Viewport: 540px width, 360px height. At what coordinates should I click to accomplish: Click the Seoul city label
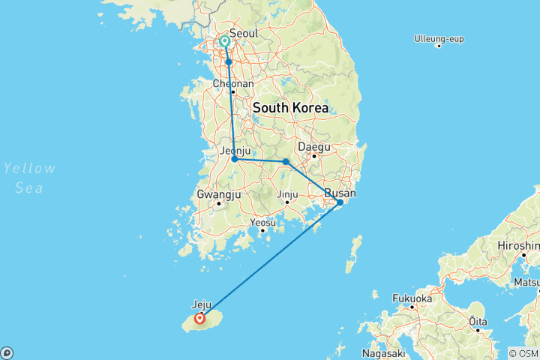coord(244,34)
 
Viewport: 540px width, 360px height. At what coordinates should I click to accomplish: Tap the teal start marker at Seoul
coord(225,42)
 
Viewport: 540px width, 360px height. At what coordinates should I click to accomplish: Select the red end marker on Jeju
coord(200,318)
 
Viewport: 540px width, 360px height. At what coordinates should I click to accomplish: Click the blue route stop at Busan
coord(340,202)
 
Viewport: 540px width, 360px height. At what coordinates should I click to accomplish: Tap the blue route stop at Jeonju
coord(235,159)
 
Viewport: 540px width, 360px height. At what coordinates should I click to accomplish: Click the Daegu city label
coord(314,147)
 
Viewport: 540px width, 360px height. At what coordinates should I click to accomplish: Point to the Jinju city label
coord(287,194)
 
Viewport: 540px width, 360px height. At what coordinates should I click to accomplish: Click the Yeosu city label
coord(263,223)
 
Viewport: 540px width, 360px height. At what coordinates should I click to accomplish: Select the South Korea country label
coord(290,108)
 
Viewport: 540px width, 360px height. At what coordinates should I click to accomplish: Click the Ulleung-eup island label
coord(438,37)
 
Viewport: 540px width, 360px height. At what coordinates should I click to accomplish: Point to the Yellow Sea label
coord(28,178)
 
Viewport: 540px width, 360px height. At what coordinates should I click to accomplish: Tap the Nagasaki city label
coord(383,352)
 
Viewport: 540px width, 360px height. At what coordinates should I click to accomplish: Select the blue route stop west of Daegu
coord(286,161)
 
